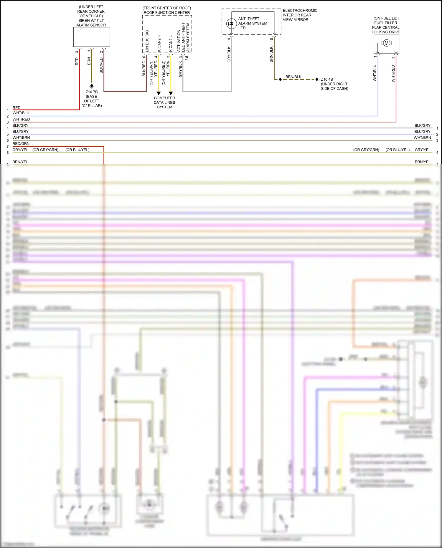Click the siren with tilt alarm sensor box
click(92, 37)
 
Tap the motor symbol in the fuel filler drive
click(386, 43)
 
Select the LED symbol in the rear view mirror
click(231, 24)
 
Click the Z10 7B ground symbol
click(92, 86)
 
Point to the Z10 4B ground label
click(327, 80)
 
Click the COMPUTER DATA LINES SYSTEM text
click(164, 102)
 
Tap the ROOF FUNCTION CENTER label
click(167, 13)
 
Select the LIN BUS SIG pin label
click(147, 41)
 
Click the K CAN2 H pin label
click(159, 43)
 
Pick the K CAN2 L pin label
click(171, 44)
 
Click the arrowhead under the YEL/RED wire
click(159, 93)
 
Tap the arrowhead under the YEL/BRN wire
click(171, 93)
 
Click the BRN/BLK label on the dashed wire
click(293, 77)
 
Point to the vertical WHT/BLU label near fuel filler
click(375, 73)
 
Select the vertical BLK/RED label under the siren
click(101, 65)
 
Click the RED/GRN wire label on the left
click(21, 144)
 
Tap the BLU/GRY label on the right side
click(422, 132)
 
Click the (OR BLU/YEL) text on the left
click(77, 150)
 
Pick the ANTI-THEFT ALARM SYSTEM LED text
click(253, 23)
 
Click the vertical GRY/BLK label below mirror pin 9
click(229, 54)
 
